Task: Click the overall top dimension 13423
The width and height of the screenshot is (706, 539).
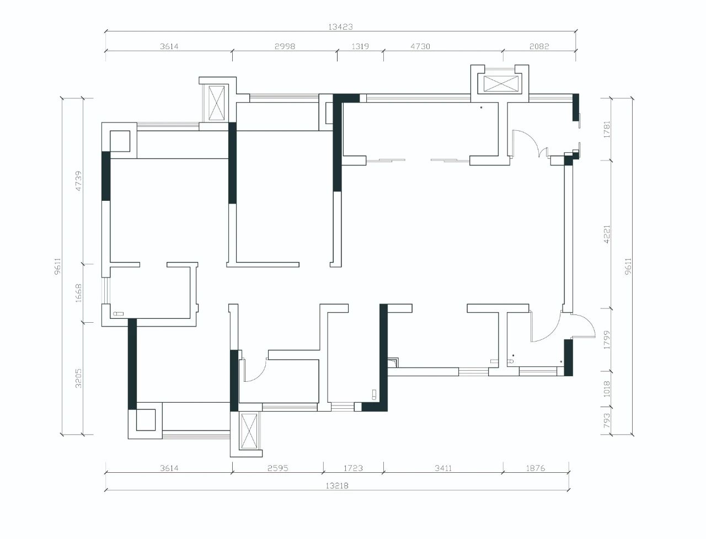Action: point(340,27)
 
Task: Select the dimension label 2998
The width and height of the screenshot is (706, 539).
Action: point(285,46)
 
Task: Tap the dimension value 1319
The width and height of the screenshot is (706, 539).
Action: point(360,46)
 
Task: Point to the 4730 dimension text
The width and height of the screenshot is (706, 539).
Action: point(420,46)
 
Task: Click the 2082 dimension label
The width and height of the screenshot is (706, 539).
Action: point(539,46)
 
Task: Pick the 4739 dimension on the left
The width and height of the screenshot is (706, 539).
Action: point(79,181)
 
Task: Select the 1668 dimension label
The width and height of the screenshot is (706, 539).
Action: point(79,293)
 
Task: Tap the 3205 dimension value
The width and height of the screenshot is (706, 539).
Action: point(79,378)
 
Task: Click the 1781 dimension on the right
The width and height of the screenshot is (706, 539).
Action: point(607,129)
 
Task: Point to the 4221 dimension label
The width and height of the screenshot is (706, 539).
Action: point(607,234)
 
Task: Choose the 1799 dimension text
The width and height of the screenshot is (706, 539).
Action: point(607,340)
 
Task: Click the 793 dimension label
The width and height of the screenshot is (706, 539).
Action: point(607,420)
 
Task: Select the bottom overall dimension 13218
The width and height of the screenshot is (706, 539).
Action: point(337,485)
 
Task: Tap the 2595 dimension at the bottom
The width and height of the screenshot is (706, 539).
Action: point(278,468)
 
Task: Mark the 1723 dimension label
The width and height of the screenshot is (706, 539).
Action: point(353,468)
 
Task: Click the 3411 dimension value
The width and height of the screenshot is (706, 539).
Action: point(443,468)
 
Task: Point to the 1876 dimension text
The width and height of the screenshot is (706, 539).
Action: point(536,468)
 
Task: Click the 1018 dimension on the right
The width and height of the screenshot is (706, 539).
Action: point(607,388)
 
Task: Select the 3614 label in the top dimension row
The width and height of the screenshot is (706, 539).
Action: point(169,46)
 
